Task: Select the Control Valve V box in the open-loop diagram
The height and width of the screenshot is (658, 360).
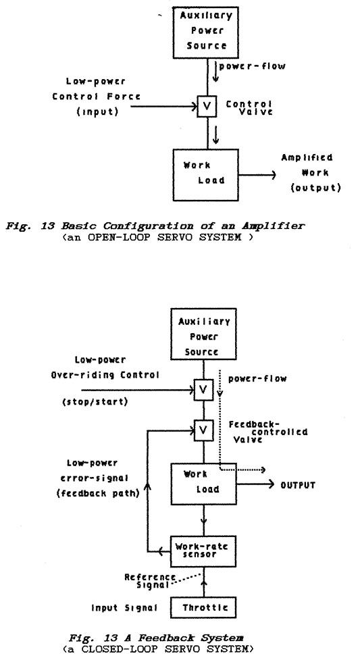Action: click(x=203, y=107)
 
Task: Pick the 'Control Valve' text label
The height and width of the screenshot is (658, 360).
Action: click(x=249, y=108)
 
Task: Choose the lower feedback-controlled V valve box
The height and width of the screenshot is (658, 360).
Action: click(x=203, y=428)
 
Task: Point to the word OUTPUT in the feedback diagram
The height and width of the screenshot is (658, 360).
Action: click(x=297, y=485)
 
